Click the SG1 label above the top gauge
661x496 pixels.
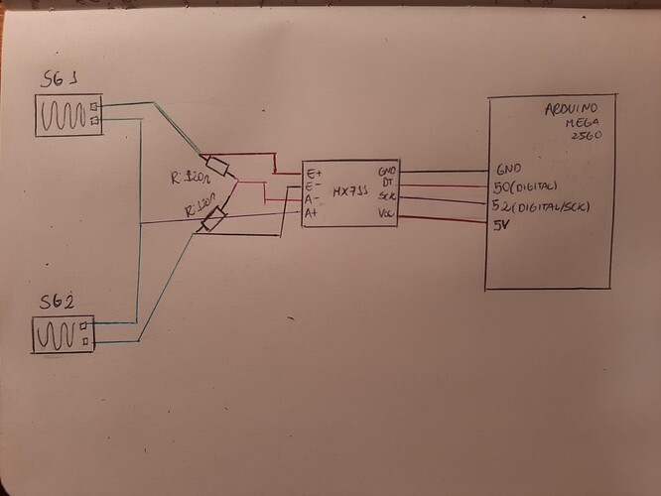coord(60,79)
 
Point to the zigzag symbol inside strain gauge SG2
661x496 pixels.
coord(58,334)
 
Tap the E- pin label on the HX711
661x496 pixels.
coord(315,186)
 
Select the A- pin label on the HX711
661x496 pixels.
coord(313,199)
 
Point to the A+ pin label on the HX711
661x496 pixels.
coord(313,212)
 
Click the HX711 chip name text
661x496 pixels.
coord(349,191)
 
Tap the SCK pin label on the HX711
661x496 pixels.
coord(386,196)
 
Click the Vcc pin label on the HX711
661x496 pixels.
coord(386,211)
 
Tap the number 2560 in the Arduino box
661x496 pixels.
coord(588,136)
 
